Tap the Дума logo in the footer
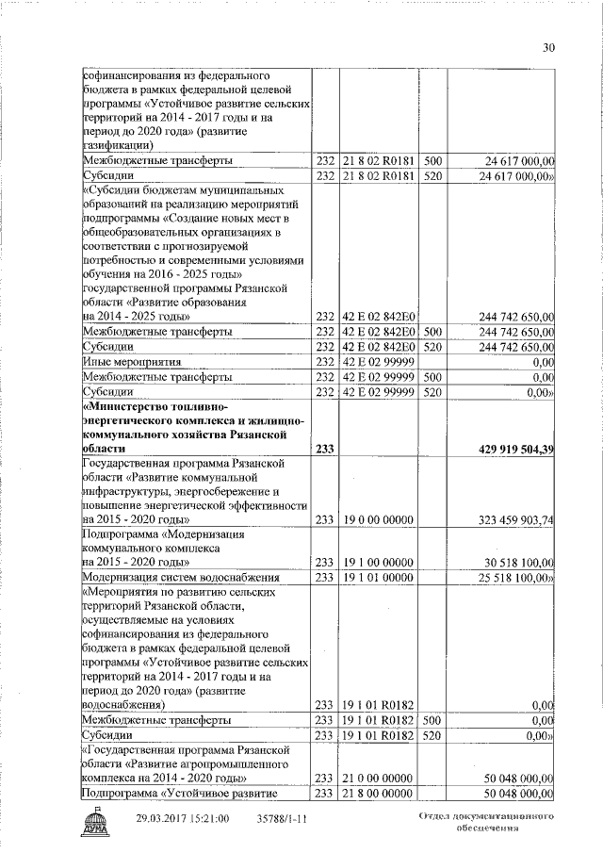click(97, 828)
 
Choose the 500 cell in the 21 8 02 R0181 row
click(432, 160)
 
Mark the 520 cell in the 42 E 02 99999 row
click(432, 391)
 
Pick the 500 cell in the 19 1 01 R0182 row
click(432, 719)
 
